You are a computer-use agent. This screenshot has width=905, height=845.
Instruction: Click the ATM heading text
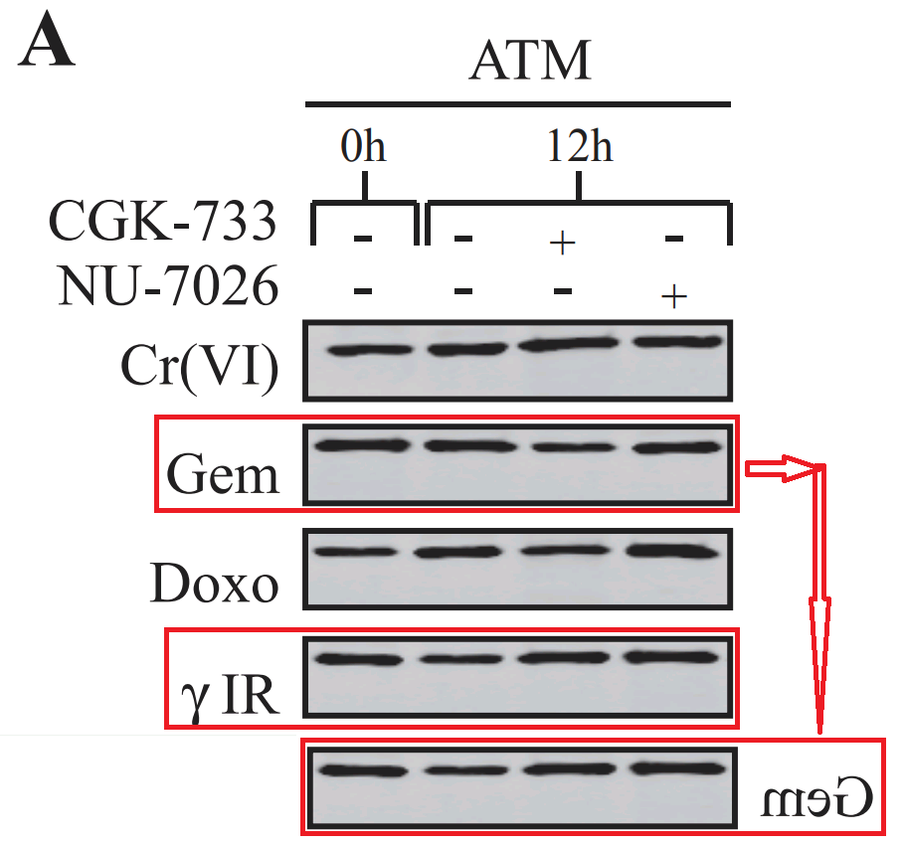click(530, 62)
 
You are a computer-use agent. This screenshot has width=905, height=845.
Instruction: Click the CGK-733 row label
click(162, 222)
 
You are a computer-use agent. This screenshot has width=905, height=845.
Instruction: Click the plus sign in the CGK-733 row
click(563, 244)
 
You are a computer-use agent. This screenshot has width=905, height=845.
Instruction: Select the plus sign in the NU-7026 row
click(674, 296)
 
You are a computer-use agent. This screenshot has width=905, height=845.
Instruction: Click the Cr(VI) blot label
click(199, 369)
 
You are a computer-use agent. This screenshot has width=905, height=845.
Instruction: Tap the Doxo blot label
click(214, 583)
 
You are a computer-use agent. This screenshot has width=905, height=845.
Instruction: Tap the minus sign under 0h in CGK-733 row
click(363, 240)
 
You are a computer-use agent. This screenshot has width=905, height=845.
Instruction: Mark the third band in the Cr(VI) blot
click(563, 344)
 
